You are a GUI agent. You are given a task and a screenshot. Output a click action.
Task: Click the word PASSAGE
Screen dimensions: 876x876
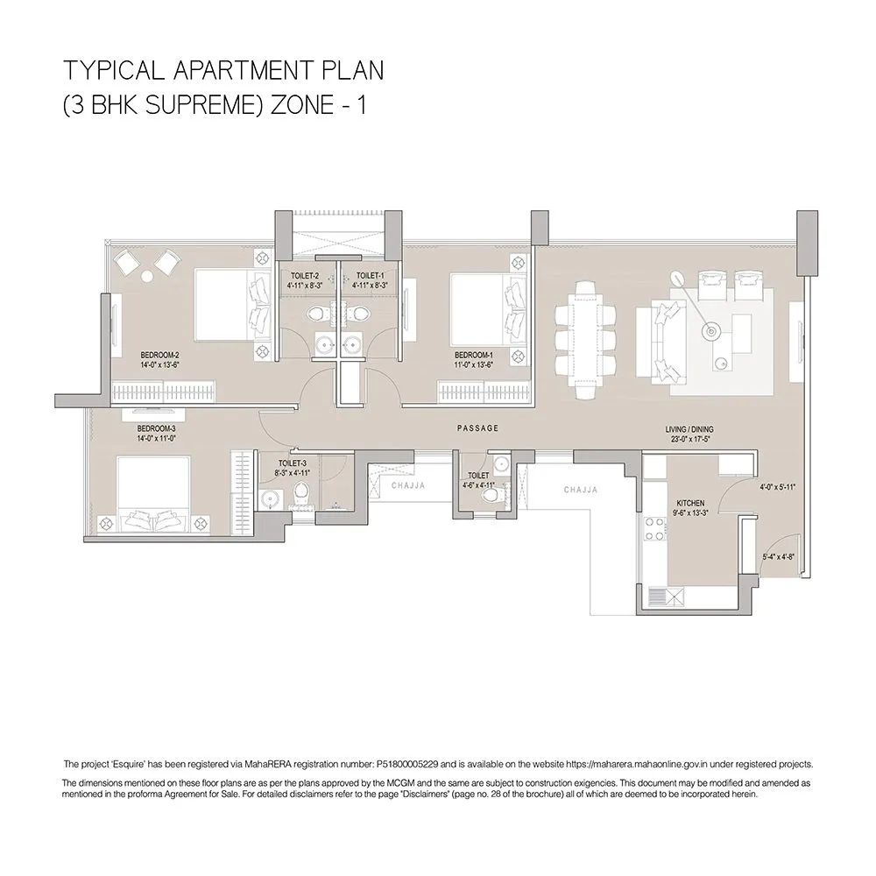coord(477,428)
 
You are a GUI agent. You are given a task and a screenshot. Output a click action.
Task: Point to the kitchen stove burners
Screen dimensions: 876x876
coord(653,530)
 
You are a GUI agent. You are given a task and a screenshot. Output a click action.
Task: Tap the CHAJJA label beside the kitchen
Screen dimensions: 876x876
coord(581,491)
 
